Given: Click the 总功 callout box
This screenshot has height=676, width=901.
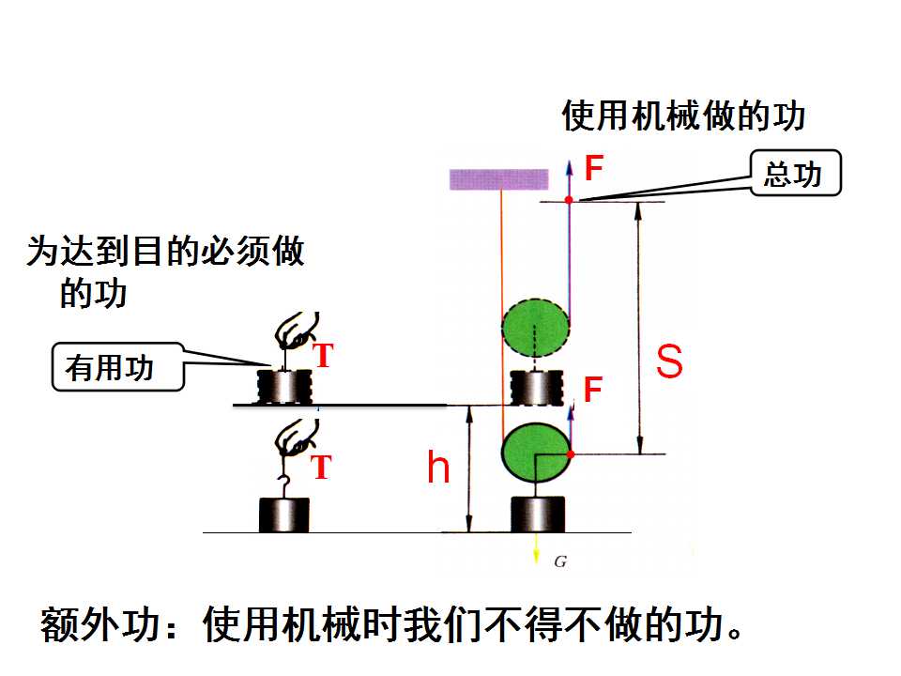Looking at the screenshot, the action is (796, 173).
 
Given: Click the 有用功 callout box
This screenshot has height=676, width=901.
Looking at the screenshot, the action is (118, 367).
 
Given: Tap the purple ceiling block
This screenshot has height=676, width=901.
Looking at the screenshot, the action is (498, 179).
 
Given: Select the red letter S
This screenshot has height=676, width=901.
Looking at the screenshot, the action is (669, 361).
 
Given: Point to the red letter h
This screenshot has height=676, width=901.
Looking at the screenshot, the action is (438, 467).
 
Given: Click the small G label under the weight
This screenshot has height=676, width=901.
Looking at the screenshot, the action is (560, 561).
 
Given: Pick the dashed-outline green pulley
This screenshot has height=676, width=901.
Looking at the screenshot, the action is (536, 328).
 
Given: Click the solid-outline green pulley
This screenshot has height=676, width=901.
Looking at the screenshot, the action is (536, 453).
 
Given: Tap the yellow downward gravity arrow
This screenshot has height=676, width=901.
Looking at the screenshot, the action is (536, 547).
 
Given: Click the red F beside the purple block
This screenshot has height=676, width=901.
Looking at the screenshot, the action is (593, 168).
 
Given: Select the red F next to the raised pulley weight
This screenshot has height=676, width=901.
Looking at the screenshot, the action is (593, 389).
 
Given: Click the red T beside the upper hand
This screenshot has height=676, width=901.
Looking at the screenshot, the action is (323, 355).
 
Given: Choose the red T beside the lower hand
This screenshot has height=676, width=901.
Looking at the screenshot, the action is (322, 467).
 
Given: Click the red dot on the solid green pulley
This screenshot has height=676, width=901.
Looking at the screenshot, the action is (571, 454).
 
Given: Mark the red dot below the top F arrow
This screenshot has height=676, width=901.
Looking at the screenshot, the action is (569, 200).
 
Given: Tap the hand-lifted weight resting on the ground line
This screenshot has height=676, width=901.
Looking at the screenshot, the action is (283, 515).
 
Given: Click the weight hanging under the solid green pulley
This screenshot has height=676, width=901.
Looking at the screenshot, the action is (538, 515).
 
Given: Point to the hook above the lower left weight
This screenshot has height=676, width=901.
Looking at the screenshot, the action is (283, 486).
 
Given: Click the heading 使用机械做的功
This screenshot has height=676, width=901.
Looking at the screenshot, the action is (683, 115).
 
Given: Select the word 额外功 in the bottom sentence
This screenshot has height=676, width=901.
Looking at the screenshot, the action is (99, 625).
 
